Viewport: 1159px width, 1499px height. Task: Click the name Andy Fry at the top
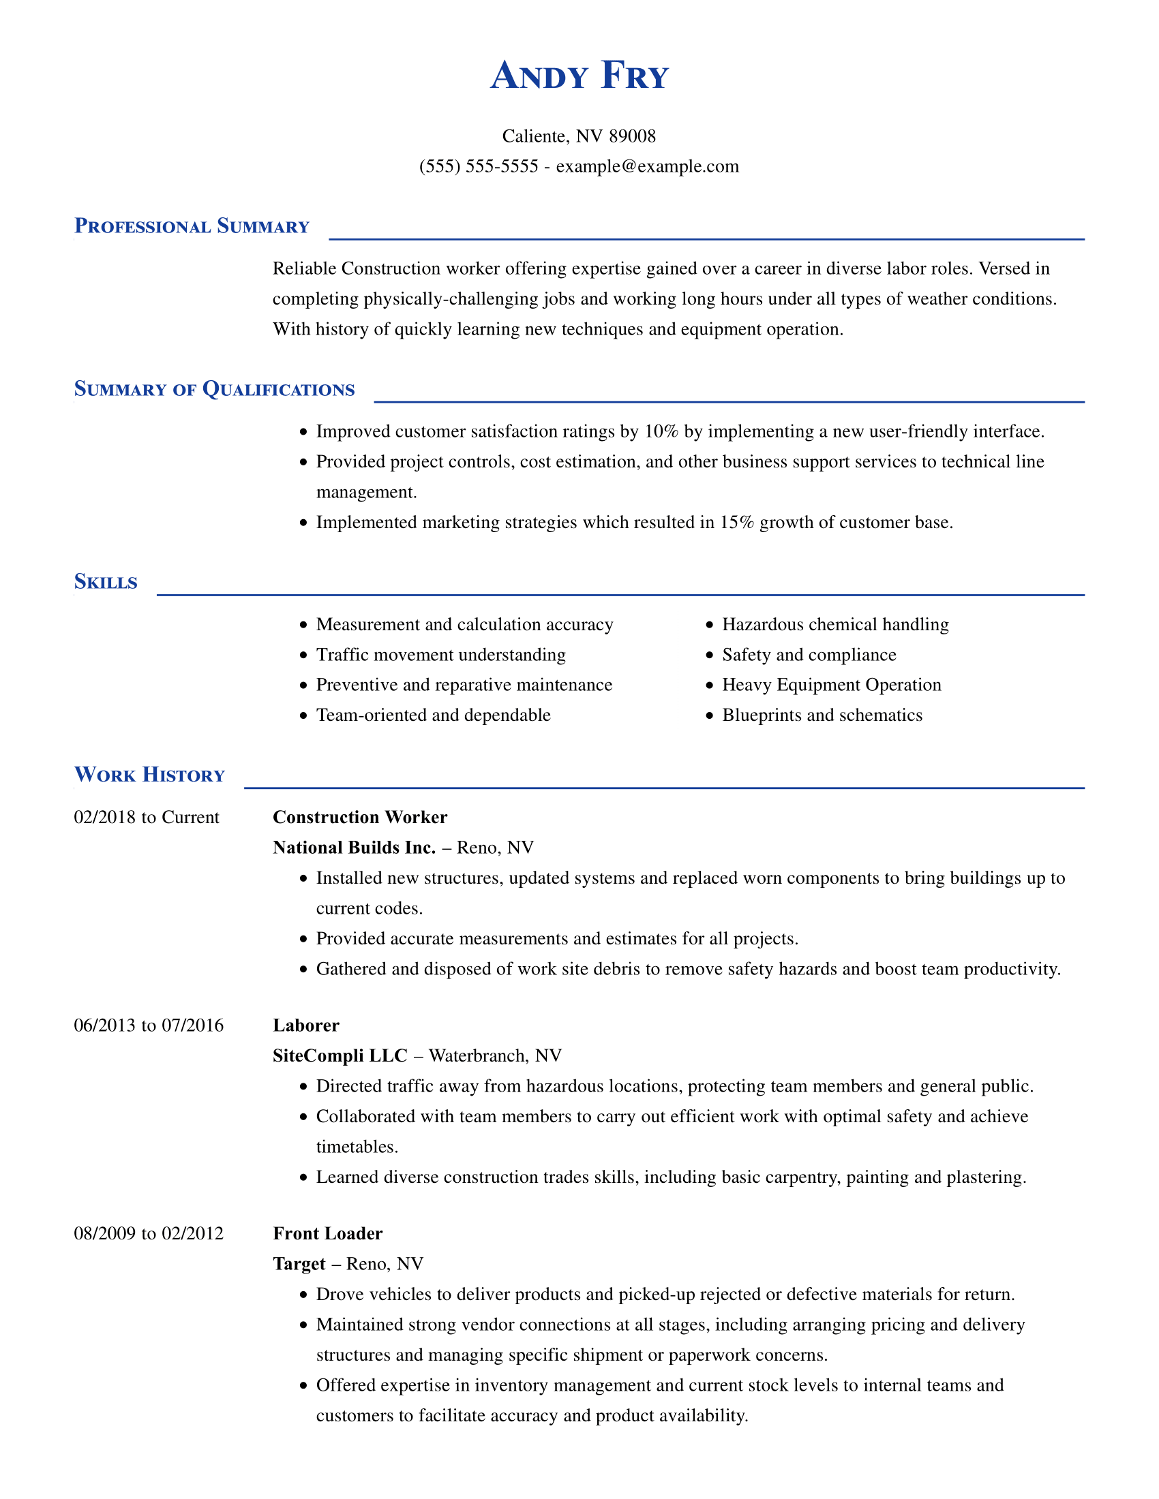pyautogui.click(x=579, y=76)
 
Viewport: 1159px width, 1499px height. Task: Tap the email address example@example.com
pyautogui.click(x=647, y=166)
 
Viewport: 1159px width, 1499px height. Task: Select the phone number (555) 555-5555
pyautogui.click(x=479, y=166)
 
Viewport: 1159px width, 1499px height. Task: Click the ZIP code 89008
pyautogui.click(x=633, y=136)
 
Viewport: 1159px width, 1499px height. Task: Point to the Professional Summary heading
pyautogui.click(x=192, y=226)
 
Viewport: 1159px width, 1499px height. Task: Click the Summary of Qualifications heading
pyautogui.click(x=214, y=389)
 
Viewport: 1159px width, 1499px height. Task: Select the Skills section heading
pyautogui.click(x=106, y=582)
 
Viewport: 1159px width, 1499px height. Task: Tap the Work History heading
pyautogui.click(x=150, y=775)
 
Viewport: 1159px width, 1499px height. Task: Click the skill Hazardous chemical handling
pyautogui.click(x=835, y=625)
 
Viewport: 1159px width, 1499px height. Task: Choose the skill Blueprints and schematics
pyautogui.click(x=822, y=715)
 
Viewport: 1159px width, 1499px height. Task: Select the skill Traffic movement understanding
pyautogui.click(x=441, y=655)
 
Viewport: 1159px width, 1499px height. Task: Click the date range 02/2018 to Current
pyautogui.click(x=147, y=817)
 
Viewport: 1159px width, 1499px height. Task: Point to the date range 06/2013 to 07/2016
pyautogui.click(x=149, y=1025)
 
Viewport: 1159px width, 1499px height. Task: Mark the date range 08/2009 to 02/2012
pyautogui.click(x=149, y=1233)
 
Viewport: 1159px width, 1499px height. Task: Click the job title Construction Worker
pyautogui.click(x=360, y=817)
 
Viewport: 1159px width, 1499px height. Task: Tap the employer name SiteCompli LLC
pyautogui.click(x=340, y=1055)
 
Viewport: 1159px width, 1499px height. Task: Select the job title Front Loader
pyautogui.click(x=327, y=1233)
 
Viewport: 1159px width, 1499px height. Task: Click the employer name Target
pyautogui.click(x=299, y=1263)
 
